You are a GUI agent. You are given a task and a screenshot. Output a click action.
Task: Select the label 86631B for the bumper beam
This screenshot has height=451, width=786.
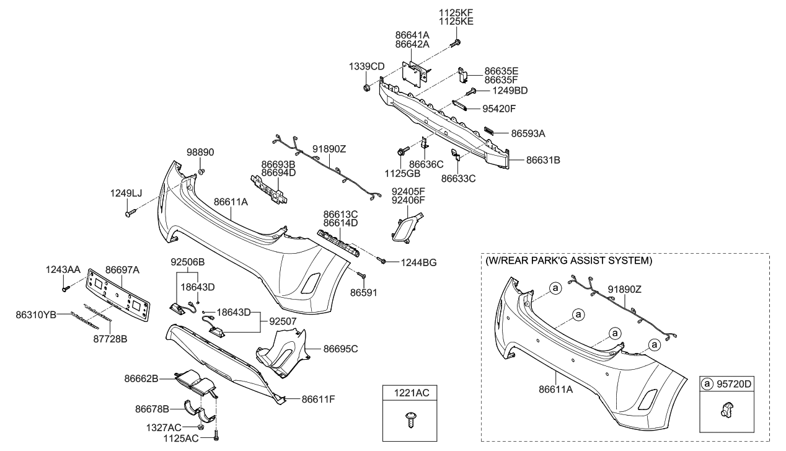coord(543,159)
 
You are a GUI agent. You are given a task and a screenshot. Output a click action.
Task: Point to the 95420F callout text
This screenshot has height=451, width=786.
coord(499,109)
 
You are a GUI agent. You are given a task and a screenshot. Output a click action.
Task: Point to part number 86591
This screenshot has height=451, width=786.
coord(363,291)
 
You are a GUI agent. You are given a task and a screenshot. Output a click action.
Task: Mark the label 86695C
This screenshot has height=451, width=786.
coord(341,349)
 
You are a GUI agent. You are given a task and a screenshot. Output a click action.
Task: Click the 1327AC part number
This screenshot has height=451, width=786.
coord(165,427)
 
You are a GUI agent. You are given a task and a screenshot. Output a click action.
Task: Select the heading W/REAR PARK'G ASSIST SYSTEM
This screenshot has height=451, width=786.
coord(569,261)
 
